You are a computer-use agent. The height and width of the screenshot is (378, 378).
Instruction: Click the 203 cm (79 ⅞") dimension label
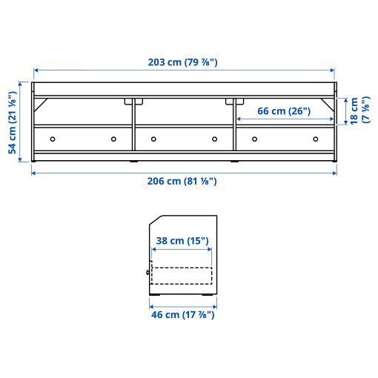click(183, 62)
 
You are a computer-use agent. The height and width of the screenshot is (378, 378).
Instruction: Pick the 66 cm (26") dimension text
click(285, 111)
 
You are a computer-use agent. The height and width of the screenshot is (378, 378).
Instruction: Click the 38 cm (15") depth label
click(182, 241)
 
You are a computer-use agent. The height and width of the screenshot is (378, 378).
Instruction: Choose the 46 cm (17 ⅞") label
click(182, 314)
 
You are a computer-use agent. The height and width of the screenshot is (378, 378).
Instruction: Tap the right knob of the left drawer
click(114, 139)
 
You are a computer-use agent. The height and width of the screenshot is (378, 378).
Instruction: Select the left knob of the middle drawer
click(153, 139)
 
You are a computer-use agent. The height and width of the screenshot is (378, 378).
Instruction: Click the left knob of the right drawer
click(253, 139)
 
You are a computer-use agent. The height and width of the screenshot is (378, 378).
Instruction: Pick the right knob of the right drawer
click(316, 139)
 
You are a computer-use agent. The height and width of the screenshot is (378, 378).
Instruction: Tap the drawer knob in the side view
click(148, 272)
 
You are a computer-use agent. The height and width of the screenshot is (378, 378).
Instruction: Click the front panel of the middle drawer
click(184, 139)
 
